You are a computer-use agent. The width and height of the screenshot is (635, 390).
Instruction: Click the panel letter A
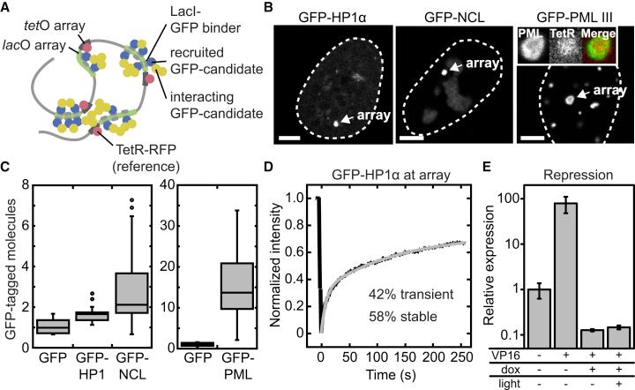click(6, 7)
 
